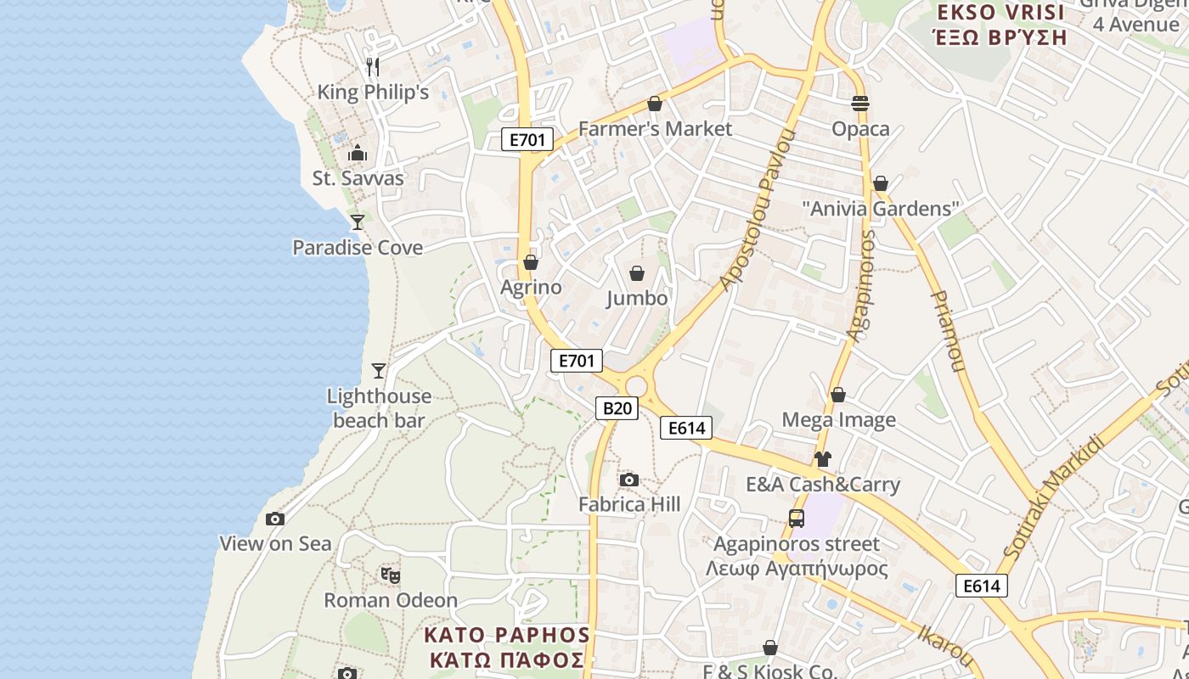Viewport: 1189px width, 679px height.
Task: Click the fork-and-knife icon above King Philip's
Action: (x=372, y=66)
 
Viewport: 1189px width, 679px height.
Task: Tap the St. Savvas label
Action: (x=358, y=178)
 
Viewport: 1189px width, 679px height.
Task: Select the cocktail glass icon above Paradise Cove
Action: (x=358, y=222)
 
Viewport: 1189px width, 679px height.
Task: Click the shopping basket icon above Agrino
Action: (x=531, y=262)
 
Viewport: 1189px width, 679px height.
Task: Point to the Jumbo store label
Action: (x=637, y=298)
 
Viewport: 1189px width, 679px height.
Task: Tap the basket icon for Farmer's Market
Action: (x=655, y=104)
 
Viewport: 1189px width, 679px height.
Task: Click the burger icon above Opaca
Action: (x=860, y=104)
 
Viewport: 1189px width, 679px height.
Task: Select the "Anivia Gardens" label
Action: (x=881, y=208)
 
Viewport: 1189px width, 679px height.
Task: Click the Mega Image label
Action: (x=838, y=419)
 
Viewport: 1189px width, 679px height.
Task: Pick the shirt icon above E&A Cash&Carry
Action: (x=822, y=459)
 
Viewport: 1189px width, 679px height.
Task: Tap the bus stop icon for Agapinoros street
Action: (x=797, y=518)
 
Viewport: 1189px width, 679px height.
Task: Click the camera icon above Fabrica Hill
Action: (x=628, y=480)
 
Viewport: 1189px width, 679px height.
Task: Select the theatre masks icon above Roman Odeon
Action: (x=391, y=575)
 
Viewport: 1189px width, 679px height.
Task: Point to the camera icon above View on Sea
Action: (x=275, y=519)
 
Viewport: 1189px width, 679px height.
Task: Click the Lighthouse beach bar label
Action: (x=379, y=408)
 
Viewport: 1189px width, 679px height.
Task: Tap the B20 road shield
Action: (x=617, y=408)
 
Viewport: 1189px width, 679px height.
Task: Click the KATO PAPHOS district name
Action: (x=506, y=647)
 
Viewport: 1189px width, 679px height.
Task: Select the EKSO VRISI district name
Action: (x=1000, y=25)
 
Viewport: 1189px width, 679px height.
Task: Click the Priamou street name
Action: (x=949, y=331)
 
